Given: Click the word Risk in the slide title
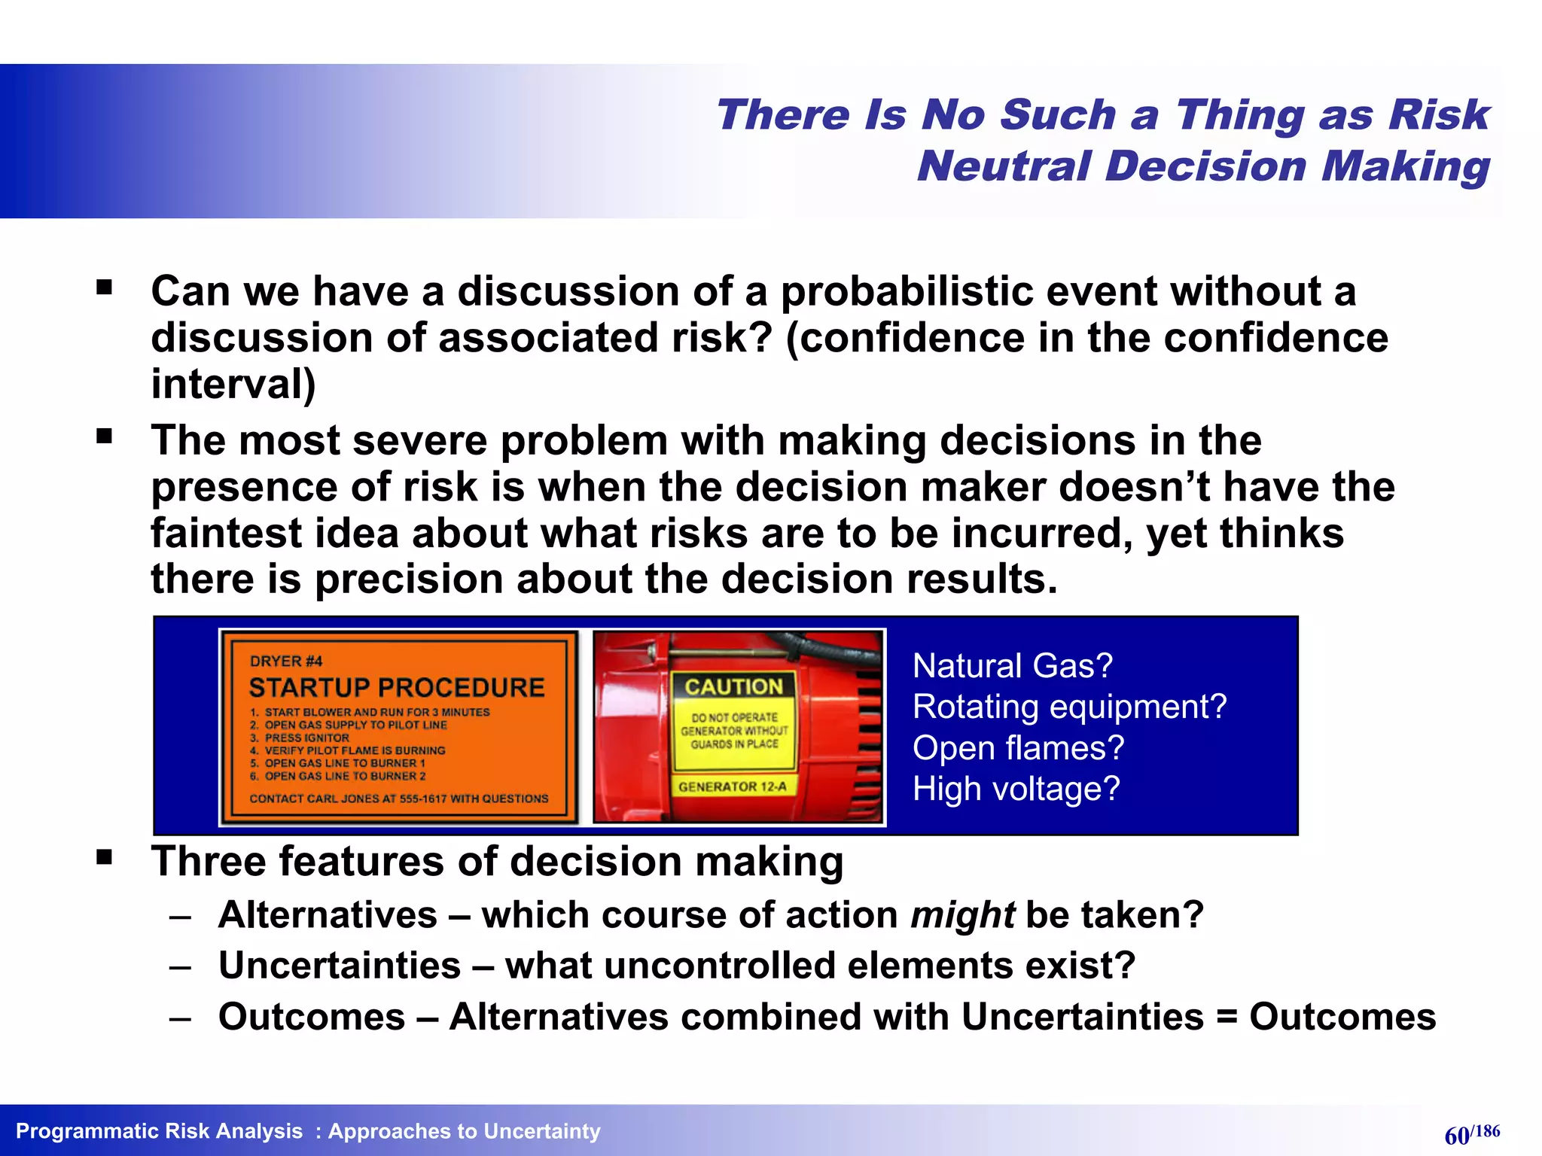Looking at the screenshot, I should click(x=1438, y=116).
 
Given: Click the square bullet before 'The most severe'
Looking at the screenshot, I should click(x=105, y=437).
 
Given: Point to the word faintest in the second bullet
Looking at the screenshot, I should click(x=226, y=534).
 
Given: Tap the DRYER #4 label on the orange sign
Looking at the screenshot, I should click(x=285, y=662).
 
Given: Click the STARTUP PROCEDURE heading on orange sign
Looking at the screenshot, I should click(x=397, y=688).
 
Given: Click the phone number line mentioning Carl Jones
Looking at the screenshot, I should click(x=399, y=799).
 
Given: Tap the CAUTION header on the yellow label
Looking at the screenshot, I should click(x=733, y=686).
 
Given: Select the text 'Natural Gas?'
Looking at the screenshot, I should click(x=1012, y=666).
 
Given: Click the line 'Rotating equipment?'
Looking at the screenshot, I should click(x=1069, y=707).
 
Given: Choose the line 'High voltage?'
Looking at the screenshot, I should click(x=1016, y=789).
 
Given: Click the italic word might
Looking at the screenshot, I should click(x=962, y=916).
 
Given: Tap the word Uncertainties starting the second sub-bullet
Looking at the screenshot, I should click(x=340, y=966).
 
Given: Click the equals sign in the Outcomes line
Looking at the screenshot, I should click(x=1227, y=1018).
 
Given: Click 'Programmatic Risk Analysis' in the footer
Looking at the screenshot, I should click(x=159, y=1131).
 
